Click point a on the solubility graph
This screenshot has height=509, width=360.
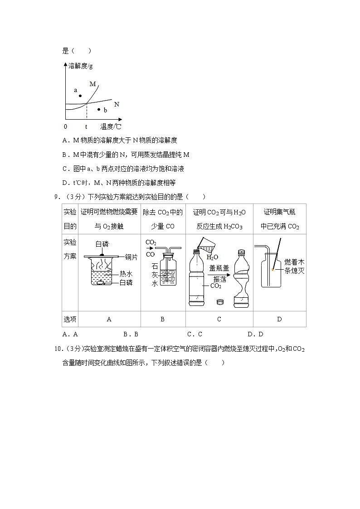click(80, 96)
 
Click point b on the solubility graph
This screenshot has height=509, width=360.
click(99, 109)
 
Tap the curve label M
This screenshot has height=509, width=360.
click(92, 84)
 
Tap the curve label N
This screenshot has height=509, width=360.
click(117, 104)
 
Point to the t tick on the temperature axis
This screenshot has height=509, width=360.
click(86, 127)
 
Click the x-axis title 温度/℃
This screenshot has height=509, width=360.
click(111, 127)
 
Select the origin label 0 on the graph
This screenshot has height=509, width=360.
click(66, 127)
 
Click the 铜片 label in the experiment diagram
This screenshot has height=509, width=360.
click(131, 257)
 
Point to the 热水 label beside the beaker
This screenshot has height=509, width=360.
click(126, 274)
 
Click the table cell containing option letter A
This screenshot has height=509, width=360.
click(109, 319)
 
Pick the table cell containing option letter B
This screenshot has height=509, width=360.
click(163, 319)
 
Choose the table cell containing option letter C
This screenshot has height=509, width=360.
click(219, 319)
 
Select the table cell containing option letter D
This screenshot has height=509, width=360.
click(279, 319)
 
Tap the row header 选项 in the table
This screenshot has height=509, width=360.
click(70, 319)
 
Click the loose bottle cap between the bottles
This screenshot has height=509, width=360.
click(220, 301)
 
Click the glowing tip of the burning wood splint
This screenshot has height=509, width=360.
click(273, 270)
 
